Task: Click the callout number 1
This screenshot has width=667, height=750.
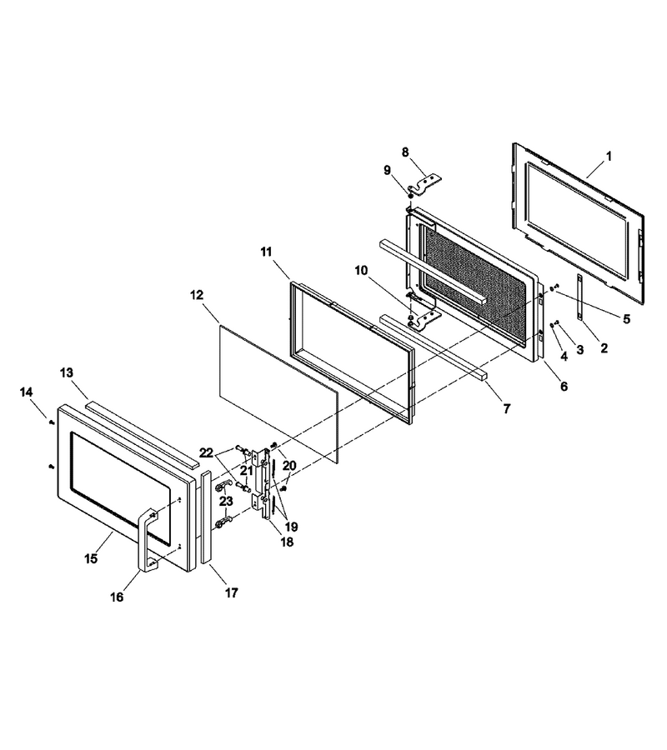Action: (x=609, y=156)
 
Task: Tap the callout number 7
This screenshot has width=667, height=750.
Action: (x=507, y=408)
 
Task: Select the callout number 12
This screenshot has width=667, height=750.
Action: (x=197, y=295)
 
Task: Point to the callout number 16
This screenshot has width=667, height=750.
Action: (x=117, y=597)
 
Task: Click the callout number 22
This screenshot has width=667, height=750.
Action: (x=206, y=453)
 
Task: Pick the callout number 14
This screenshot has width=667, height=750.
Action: (x=27, y=392)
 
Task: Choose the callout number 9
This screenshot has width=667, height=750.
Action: (x=387, y=170)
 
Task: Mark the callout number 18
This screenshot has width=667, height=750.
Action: (x=287, y=542)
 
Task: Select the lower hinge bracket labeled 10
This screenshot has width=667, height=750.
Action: (x=425, y=318)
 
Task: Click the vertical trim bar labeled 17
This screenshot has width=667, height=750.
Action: (x=206, y=517)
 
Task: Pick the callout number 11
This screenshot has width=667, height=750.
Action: (x=266, y=252)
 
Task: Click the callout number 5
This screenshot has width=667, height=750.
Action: (x=626, y=318)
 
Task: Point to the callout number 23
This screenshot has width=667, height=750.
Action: (x=226, y=501)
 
